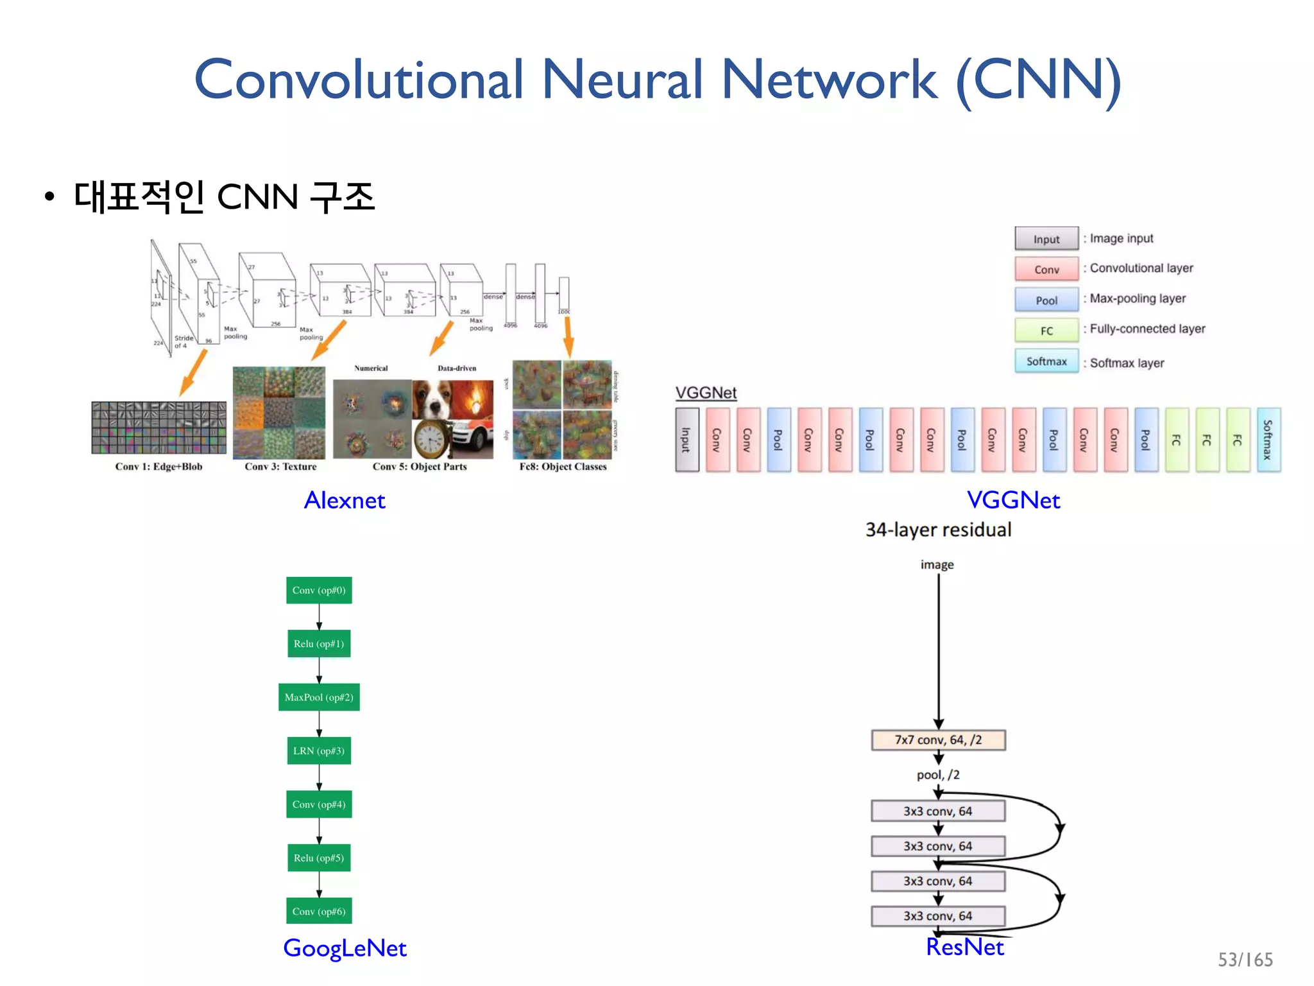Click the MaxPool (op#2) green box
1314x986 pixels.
(x=319, y=697)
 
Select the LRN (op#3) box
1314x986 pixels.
(x=319, y=750)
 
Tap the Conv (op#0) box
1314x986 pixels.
(x=319, y=590)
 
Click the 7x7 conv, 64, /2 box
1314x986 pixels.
(x=938, y=739)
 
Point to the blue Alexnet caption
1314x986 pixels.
(x=345, y=500)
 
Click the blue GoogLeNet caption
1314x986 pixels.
(x=345, y=947)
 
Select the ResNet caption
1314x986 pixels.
(x=964, y=947)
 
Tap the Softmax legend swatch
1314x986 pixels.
(x=1046, y=361)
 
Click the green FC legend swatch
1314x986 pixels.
(x=1046, y=331)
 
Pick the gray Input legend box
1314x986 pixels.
(x=1046, y=239)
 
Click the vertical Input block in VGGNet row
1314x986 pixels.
(x=687, y=440)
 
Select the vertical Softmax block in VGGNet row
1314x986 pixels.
(x=1268, y=440)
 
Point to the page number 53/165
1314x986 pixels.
(x=1245, y=960)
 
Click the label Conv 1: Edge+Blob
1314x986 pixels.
(x=158, y=467)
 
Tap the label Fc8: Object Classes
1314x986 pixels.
(x=563, y=467)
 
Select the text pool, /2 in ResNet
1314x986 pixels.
(x=938, y=775)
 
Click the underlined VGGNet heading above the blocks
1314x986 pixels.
(x=706, y=392)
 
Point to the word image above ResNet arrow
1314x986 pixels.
(x=937, y=564)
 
